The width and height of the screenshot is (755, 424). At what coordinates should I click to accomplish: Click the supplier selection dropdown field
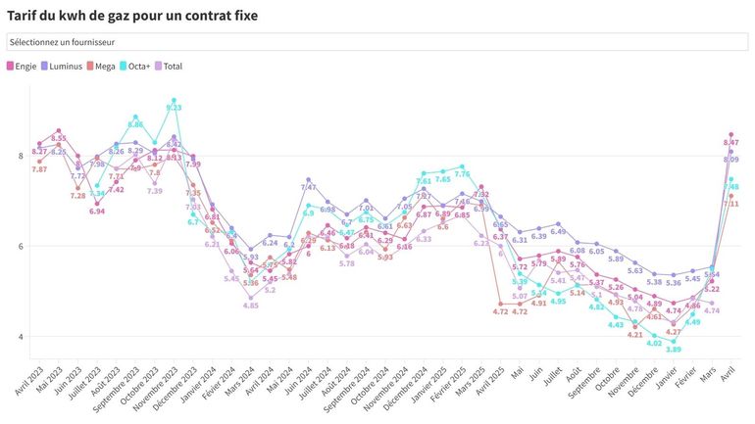coord(377,42)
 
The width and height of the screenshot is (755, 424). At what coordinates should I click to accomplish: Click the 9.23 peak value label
coord(174,108)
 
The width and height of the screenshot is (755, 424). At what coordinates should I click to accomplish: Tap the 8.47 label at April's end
coord(730,142)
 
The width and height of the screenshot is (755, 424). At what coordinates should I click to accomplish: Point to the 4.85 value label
coord(250,306)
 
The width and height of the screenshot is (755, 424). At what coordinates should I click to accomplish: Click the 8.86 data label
coord(135,124)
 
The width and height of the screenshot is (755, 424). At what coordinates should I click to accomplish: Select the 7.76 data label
coord(462,174)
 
